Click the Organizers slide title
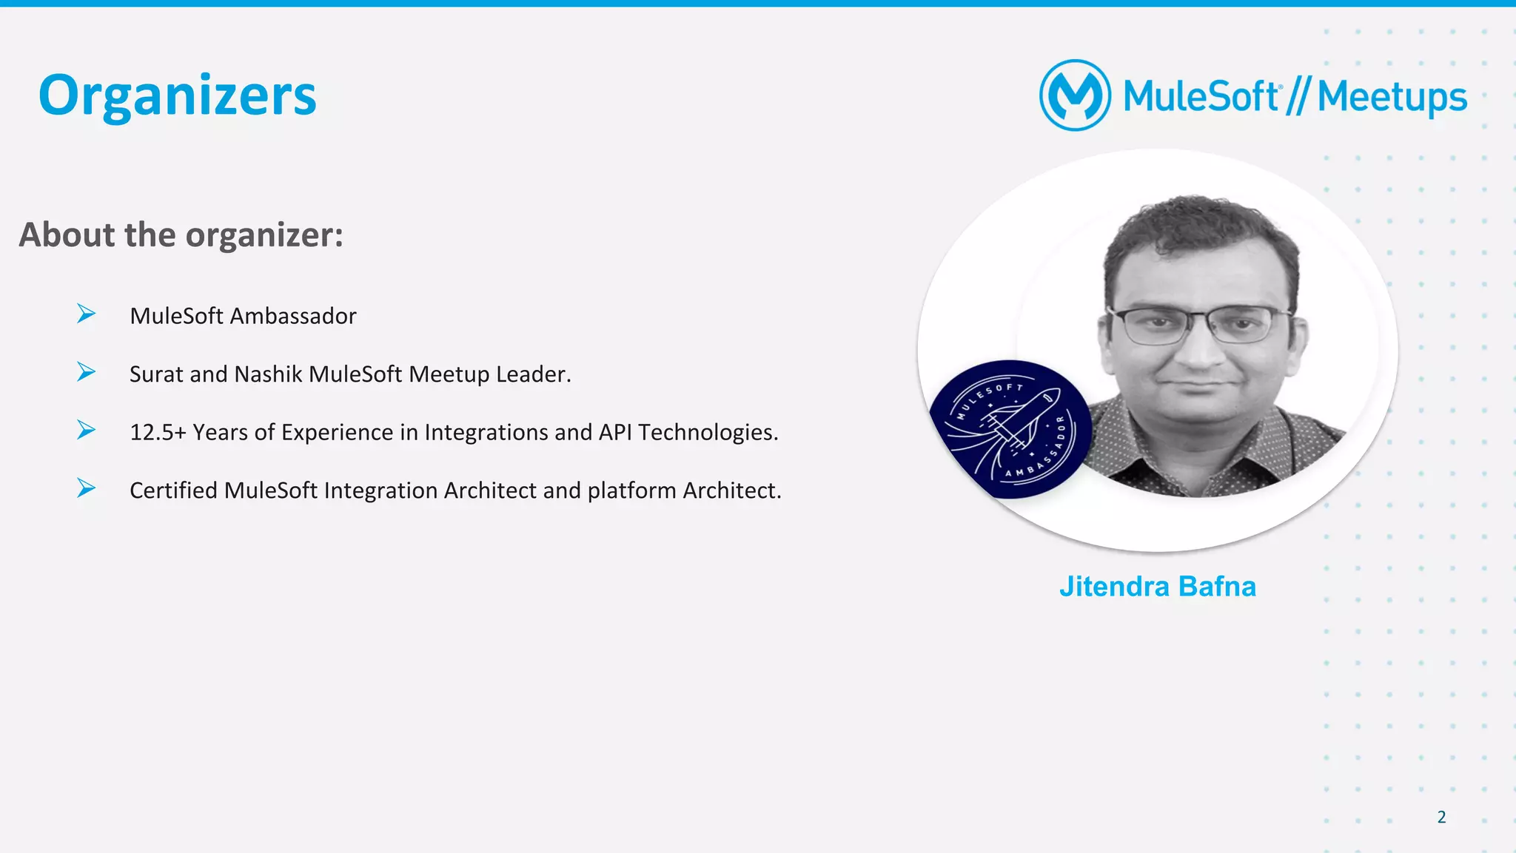177,96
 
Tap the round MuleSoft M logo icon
1075,95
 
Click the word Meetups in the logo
1392,98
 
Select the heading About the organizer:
181,235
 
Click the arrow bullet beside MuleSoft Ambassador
86,314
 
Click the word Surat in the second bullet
156,374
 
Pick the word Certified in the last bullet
174,490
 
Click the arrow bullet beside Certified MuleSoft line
86,488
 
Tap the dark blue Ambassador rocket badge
1010,429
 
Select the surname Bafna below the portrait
1217,587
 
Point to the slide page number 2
1441,817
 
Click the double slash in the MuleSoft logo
1298,97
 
